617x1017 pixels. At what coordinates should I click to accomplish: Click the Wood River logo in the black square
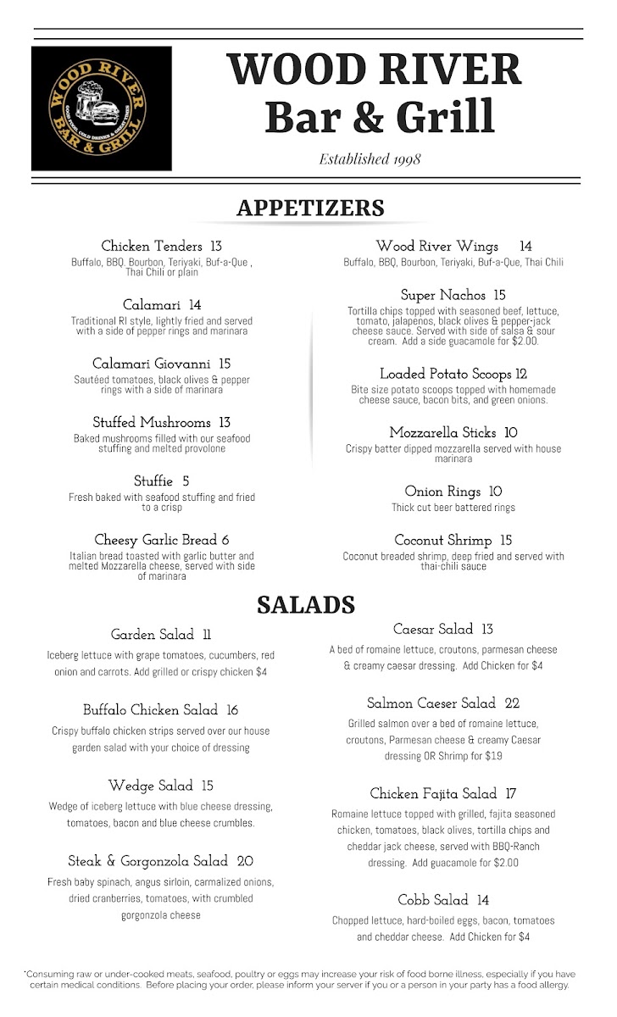(102, 108)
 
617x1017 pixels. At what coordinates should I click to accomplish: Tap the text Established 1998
(370, 158)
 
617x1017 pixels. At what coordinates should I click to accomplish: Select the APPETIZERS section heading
(310, 208)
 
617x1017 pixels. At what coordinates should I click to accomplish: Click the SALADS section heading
(305, 604)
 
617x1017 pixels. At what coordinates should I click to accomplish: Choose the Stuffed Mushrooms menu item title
(151, 422)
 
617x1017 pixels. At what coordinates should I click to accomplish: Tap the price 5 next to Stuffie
(186, 481)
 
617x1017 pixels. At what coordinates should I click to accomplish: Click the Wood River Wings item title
(437, 247)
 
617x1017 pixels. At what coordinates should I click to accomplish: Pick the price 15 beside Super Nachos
(499, 296)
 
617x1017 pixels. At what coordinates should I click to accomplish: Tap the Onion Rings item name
(442, 492)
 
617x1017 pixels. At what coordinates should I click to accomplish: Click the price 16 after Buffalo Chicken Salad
(232, 710)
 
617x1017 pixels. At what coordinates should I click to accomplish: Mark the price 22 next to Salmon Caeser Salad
(512, 703)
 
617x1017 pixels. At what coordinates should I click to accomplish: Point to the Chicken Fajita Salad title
(433, 794)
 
